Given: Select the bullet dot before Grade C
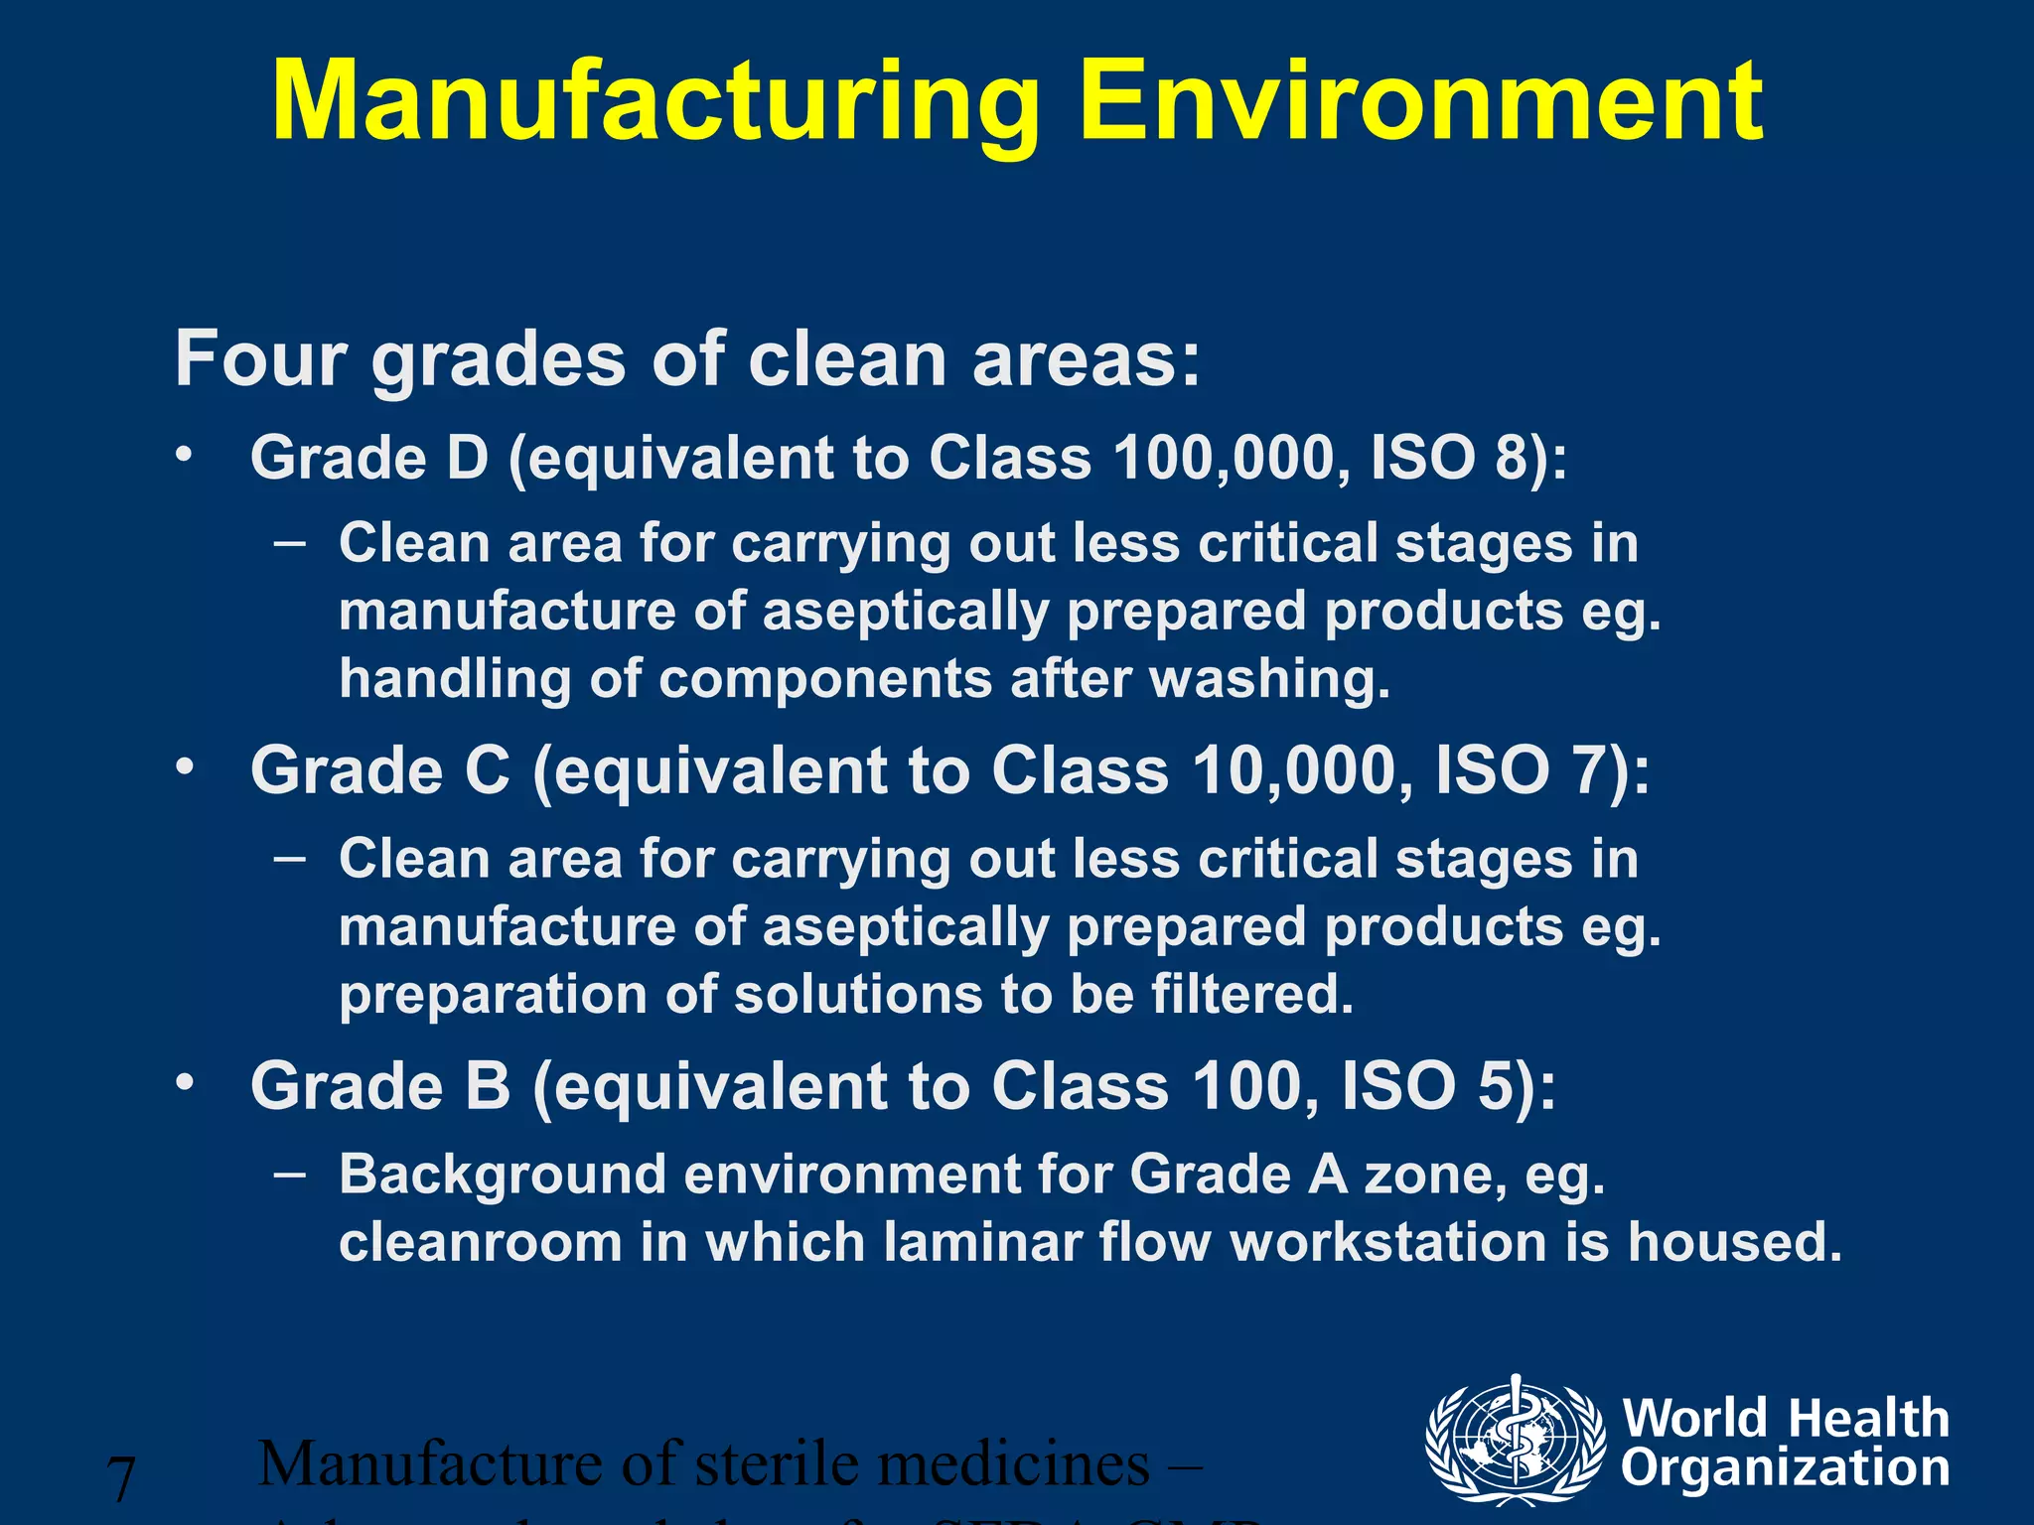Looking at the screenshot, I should point(183,767).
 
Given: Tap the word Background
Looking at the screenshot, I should point(502,1175).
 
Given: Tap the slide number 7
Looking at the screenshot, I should point(121,1478).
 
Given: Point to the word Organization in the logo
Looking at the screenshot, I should point(1785,1467).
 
